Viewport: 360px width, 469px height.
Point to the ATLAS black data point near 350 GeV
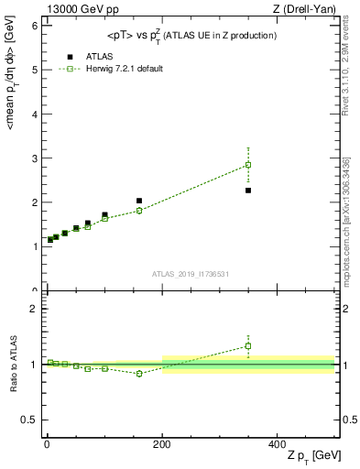click(248, 191)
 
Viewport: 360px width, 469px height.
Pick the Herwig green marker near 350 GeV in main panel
click(248, 165)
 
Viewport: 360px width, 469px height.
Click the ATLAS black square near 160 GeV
click(139, 201)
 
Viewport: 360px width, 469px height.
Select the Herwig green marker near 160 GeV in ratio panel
click(139, 374)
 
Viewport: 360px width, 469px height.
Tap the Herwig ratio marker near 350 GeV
click(248, 346)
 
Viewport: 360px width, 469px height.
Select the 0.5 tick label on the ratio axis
click(30, 420)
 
